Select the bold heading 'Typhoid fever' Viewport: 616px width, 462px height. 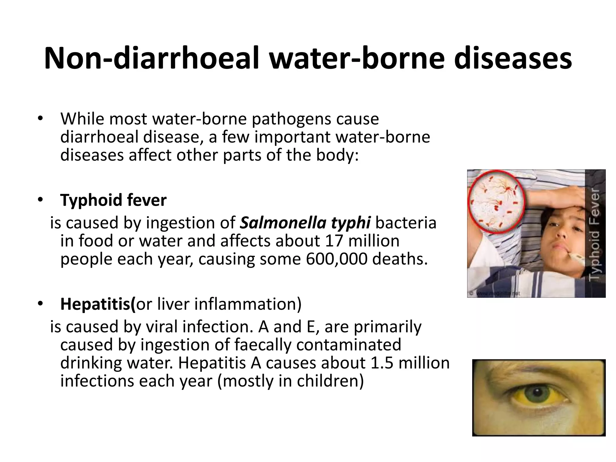point(113,200)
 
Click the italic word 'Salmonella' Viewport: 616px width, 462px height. point(283,223)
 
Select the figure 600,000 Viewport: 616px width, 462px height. point(337,259)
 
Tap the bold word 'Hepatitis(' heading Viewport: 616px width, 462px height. point(98,304)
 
